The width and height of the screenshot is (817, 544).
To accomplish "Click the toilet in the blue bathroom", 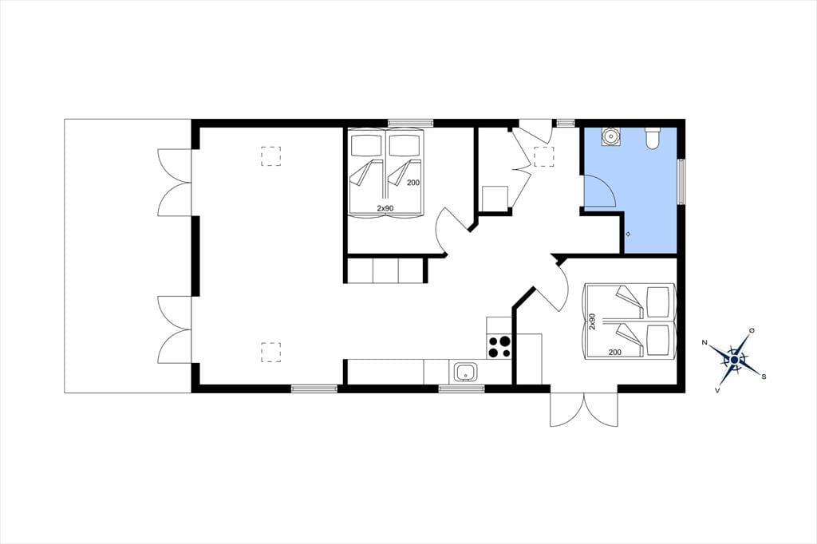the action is (653, 137).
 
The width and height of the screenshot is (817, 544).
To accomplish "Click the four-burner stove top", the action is (499, 347).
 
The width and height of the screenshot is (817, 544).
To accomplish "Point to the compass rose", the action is (734, 360).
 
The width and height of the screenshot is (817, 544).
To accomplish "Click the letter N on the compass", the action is (705, 342).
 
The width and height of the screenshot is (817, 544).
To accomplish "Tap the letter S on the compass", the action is (764, 376).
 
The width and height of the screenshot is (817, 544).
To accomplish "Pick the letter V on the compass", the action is (717, 390).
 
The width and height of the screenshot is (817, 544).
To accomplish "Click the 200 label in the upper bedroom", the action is (413, 183).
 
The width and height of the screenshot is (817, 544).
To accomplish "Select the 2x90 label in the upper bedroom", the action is (385, 208).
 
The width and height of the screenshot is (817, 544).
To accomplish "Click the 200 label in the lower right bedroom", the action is (615, 353).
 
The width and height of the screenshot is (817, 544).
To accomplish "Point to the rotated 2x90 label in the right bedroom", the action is (592, 321).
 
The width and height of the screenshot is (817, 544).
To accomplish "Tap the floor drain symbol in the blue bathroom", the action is (628, 234).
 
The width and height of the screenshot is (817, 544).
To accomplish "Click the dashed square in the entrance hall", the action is (543, 156).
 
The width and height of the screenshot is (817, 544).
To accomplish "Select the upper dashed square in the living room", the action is (271, 156).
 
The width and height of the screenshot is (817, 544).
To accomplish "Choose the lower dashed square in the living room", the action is (271, 352).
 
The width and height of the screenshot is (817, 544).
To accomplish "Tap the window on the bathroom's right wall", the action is (681, 181).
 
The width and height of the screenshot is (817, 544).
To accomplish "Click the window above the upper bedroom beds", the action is (411, 123).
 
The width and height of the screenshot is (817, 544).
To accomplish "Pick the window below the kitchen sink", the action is (462, 388).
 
